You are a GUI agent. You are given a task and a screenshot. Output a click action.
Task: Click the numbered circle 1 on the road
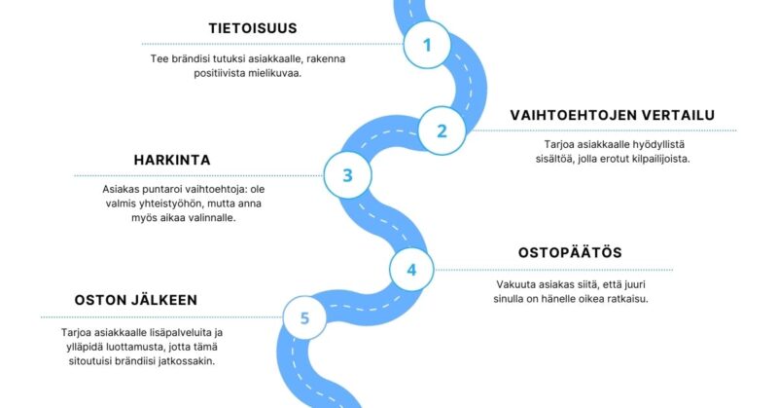(x=427, y=45)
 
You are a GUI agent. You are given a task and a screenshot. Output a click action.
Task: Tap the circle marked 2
(x=442, y=130)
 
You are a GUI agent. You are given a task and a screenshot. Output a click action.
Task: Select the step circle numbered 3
(x=347, y=175)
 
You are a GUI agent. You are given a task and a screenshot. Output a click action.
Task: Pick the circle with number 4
(x=411, y=270)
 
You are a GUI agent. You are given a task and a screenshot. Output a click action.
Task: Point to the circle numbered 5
(x=304, y=317)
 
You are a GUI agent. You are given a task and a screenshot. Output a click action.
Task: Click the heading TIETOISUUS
(x=253, y=28)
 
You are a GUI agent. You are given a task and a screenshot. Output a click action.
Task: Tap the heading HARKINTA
(x=172, y=160)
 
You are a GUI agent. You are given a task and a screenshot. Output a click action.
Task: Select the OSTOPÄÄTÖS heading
(x=570, y=252)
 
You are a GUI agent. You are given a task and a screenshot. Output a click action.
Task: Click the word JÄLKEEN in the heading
(x=164, y=300)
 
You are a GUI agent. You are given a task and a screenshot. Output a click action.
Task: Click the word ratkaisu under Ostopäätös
(x=627, y=299)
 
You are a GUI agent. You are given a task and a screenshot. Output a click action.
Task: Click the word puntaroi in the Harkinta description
(x=159, y=189)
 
